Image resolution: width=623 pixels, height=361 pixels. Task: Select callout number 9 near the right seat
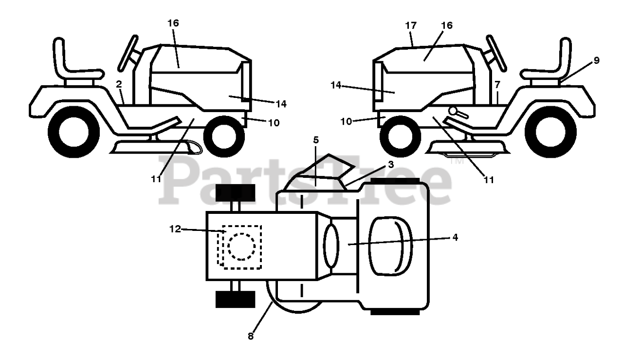click(x=596, y=60)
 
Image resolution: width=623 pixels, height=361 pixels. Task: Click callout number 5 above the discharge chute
click(x=316, y=140)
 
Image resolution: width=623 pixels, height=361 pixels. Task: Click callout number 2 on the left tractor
click(x=119, y=83)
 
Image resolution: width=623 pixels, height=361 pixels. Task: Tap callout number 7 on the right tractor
click(x=497, y=84)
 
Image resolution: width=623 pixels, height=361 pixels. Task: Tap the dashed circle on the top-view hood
click(x=241, y=246)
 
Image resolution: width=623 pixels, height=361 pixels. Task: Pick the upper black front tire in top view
click(x=235, y=193)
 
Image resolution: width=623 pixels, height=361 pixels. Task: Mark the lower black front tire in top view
click(x=235, y=299)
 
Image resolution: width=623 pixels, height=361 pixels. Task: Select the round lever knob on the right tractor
click(x=454, y=111)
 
